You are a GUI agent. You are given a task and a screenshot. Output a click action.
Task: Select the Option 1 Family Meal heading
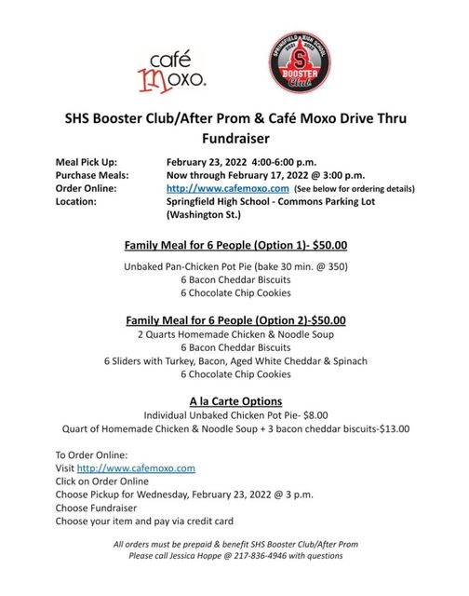pos(235,246)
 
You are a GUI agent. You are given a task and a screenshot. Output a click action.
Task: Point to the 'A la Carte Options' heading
pos(235,400)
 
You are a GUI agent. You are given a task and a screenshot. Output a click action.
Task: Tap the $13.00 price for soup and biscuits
pos(390,429)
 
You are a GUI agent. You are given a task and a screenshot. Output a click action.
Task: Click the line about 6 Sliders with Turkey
pos(235,360)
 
